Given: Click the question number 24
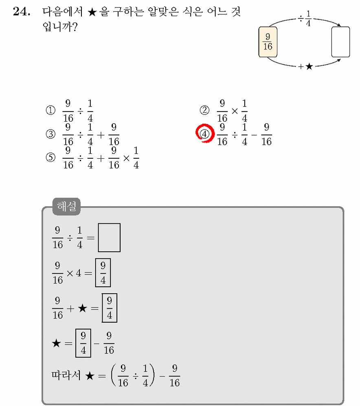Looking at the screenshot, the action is [22, 12].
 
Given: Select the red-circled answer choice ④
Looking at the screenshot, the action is [205, 133].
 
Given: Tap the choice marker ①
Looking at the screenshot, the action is [50, 111].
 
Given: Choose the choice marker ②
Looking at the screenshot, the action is [204, 111].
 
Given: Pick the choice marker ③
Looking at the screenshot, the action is [50, 134].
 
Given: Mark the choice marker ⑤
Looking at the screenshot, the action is [50, 157].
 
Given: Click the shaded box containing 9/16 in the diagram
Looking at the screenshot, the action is [268, 41].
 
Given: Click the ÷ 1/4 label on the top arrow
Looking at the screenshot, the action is [305, 19].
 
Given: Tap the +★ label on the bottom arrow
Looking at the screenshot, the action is [305, 67].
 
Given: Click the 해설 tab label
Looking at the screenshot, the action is [67, 206].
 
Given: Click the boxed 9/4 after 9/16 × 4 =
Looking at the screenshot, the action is [103, 273].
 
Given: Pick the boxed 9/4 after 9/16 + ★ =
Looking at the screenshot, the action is [110, 308].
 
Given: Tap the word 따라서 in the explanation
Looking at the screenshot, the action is [66, 375].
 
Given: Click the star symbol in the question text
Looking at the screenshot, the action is [92, 12].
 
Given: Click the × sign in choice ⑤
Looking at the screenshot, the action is [126, 158].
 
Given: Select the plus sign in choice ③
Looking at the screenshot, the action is [101, 135].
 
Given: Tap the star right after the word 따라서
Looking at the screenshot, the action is [90, 376].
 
